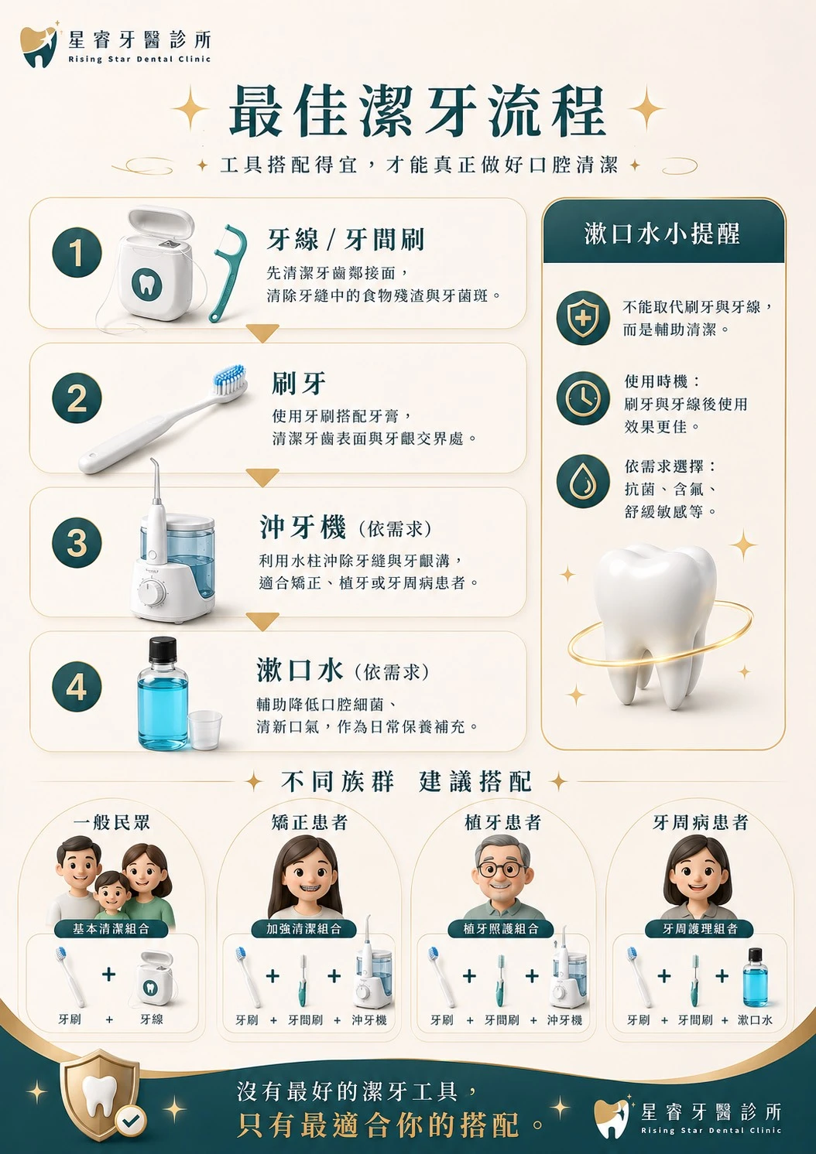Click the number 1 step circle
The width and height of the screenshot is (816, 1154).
tap(77, 252)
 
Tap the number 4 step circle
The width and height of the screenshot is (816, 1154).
tap(77, 686)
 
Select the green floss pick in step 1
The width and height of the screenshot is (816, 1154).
tap(227, 273)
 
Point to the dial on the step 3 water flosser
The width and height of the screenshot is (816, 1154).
tap(153, 592)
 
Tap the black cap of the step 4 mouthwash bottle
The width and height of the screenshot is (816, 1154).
tap(163, 650)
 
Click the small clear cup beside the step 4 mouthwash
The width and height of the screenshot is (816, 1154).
tap(204, 730)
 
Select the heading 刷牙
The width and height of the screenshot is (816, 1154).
tap(299, 384)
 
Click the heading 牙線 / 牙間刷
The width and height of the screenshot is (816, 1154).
tap(345, 240)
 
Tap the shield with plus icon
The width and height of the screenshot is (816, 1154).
tap(583, 318)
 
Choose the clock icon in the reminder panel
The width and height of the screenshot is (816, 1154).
tap(583, 398)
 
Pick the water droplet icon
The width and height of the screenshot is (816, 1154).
tap(583, 481)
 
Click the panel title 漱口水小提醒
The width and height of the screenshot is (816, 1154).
tap(662, 234)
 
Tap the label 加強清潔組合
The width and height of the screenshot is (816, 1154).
tap(303, 929)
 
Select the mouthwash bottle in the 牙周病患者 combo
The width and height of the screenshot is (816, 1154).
tap(755, 978)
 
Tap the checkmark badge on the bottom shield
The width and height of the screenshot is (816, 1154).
tap(131, 1119)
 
